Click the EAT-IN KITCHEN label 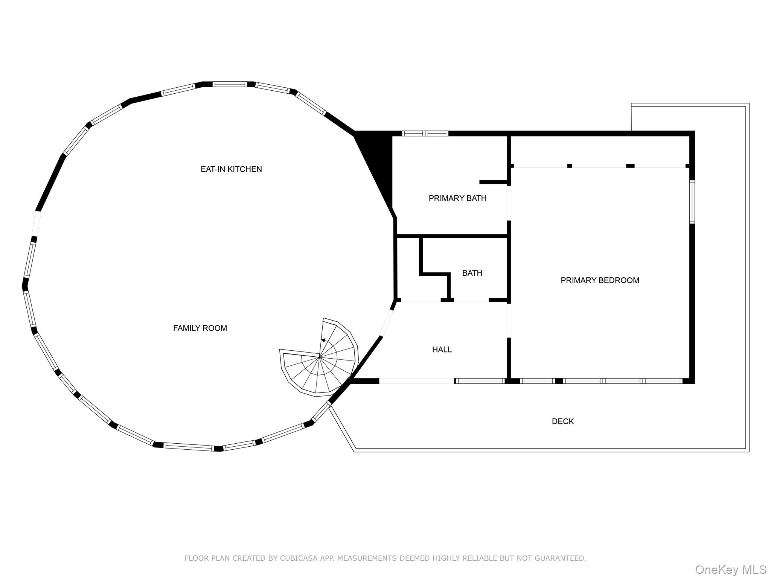point(231,169)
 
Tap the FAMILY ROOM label point(200,328)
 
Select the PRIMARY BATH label point(457,198)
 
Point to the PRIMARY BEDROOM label point(600,280)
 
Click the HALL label point(442,350)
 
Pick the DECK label point(563,421)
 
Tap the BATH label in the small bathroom point(472,273)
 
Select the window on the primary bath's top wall point(425,133)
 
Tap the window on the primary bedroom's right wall point(692,202)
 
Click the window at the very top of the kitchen point(230,84)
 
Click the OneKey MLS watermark point(731,569)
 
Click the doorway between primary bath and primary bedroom point(509,203)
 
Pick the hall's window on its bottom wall point(480,381)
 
